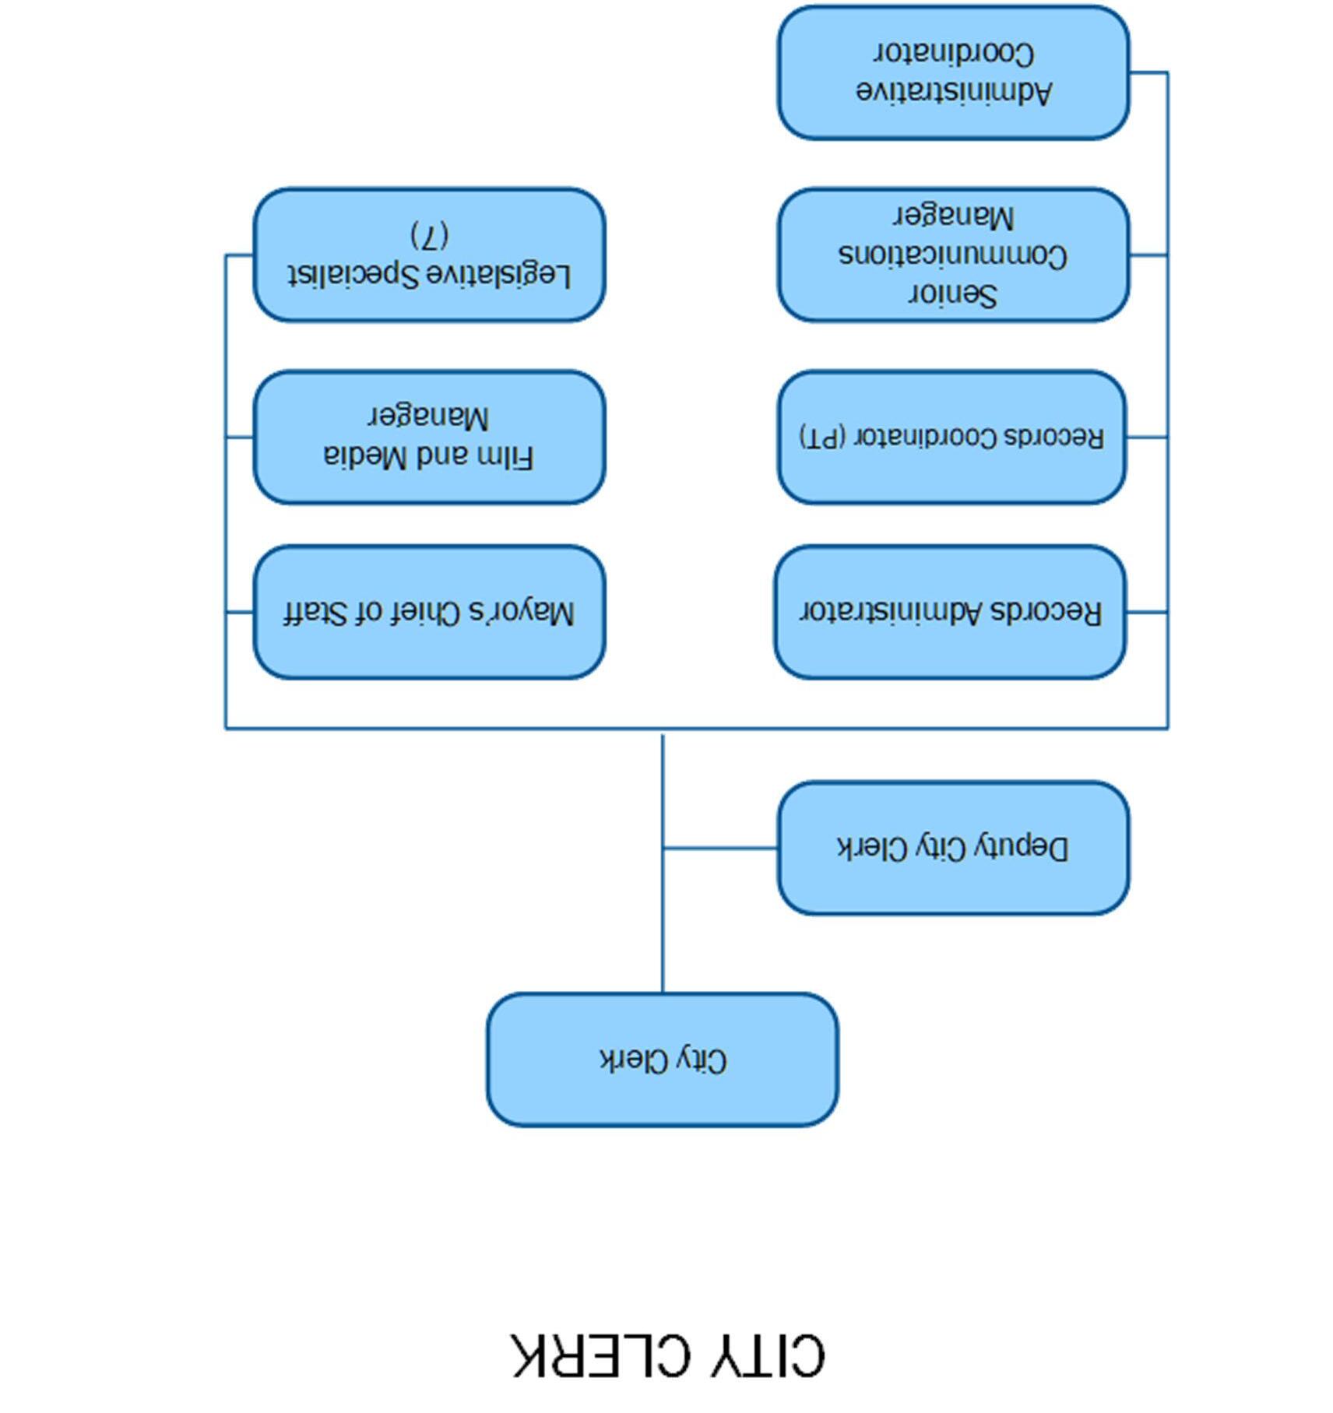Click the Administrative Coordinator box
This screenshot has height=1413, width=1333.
click(953, 72)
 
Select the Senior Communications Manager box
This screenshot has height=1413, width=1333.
click(953, 255)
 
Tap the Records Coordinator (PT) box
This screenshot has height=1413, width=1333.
click(951, 437)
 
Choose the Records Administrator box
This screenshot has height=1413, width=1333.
click(950, 612)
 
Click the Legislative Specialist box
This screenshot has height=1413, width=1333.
click(429, 255)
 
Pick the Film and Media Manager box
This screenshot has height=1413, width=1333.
click(429, 437)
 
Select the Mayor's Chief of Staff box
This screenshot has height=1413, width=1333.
click(429, 612)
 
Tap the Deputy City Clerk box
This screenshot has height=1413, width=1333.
click(953, 847)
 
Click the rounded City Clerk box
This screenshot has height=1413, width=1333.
click(663, 1059)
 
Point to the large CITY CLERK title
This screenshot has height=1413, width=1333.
click(668, 1356)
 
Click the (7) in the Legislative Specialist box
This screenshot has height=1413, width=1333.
click(430, 234)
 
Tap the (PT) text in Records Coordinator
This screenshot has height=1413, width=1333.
click(822, 437)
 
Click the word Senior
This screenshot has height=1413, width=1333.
click(953, 295)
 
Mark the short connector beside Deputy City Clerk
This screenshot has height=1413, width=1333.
click(720, 848)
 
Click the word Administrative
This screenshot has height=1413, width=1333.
click(954, 92)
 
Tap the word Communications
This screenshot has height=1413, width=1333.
click(953, 255)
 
